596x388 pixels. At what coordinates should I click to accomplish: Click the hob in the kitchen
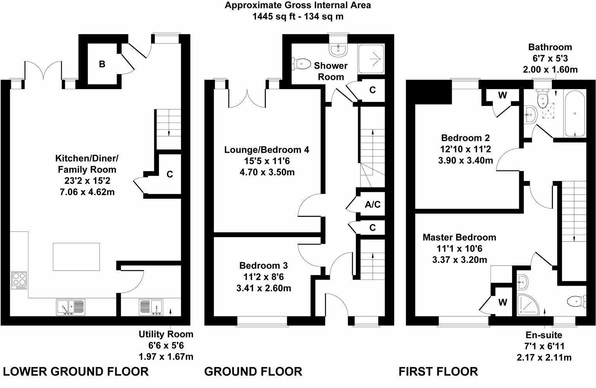pos(19,280)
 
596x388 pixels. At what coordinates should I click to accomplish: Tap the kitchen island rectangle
pos(76,257)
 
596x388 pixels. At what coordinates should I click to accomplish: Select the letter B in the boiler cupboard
pos(102,64)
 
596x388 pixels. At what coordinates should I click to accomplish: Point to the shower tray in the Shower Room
pos(371,59)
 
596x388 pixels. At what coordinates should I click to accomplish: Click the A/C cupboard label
pos(372,204)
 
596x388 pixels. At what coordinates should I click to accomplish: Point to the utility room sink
pos(151,307)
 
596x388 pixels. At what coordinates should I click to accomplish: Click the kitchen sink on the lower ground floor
pos(71,307)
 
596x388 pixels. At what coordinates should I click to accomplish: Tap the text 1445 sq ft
pos(274,17)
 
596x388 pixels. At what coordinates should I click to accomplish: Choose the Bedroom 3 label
pos(263,266)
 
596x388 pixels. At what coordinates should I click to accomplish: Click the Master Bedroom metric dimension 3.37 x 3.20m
pos(459,260)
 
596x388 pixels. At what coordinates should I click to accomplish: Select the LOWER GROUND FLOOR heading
pos(76,371)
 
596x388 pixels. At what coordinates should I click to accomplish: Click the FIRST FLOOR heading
pos(438,371)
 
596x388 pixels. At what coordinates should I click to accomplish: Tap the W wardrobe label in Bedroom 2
pos(502,95)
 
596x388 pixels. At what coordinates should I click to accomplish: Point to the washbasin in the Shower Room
pos(338,50)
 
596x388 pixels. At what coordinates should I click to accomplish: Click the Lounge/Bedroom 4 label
pos(267,150)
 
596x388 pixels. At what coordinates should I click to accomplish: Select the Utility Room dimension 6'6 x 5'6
pos(166,345)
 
